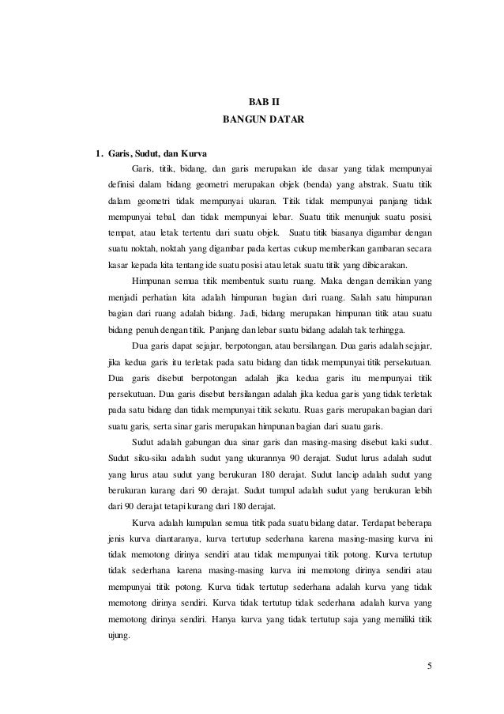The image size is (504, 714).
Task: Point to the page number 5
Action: coord(429,665)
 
